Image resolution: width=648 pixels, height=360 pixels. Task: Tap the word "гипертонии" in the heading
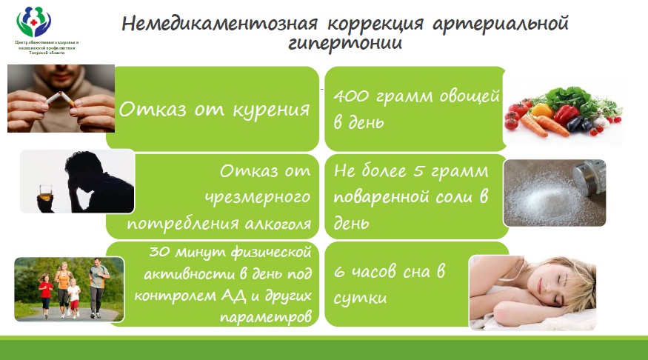point(345,43)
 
